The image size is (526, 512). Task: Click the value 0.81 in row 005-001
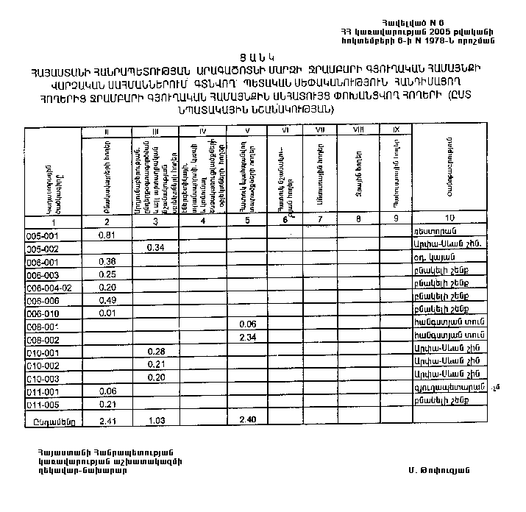click(x=107, y=235)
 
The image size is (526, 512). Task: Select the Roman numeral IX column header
click(x=396, y=129)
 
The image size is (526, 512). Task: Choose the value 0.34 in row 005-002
click(x=154, y=248)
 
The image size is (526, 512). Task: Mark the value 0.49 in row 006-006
click(x=107, y=300)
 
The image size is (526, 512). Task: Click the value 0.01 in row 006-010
click(x=107, y=313)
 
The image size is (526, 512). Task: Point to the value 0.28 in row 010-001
click(x=154, y=351)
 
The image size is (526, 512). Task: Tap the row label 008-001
click(x=42, y=325)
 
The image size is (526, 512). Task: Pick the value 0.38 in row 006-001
click(x=107, y=261)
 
